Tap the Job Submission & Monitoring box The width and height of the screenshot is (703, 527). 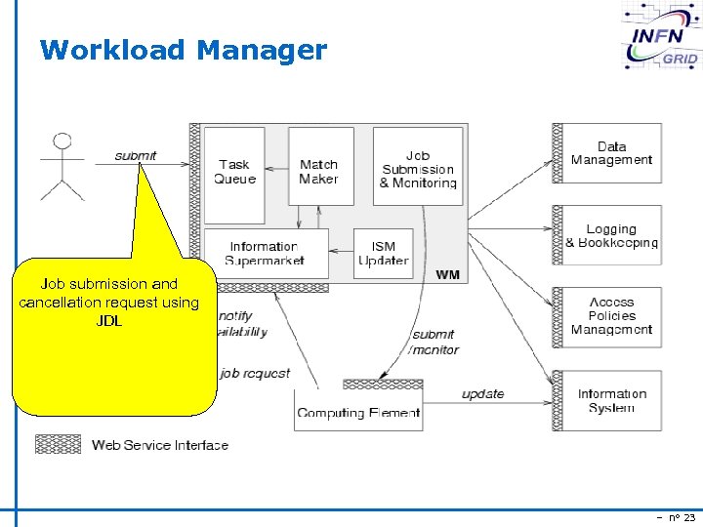click(418, 167)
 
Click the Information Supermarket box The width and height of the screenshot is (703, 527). click(265, 253)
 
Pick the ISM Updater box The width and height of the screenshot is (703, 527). click(383, 253)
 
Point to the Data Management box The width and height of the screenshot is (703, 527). click(611, 154)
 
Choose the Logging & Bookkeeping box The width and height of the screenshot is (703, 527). click(611, 235)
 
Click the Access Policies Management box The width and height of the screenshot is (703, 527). click(611, 316)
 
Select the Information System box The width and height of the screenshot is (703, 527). click(611, 400)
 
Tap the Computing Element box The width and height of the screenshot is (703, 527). click(358, 411)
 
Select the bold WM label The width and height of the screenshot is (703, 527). click(447, 275)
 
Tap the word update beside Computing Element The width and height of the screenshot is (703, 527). click(482, 394)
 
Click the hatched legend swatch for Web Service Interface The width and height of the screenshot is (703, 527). click(58, 445)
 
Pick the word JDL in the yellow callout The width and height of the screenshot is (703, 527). click(109, 321)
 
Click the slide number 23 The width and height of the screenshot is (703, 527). click(688, 516)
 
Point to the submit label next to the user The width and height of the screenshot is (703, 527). click(136, 156)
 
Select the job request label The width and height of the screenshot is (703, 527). click(255, 373)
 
